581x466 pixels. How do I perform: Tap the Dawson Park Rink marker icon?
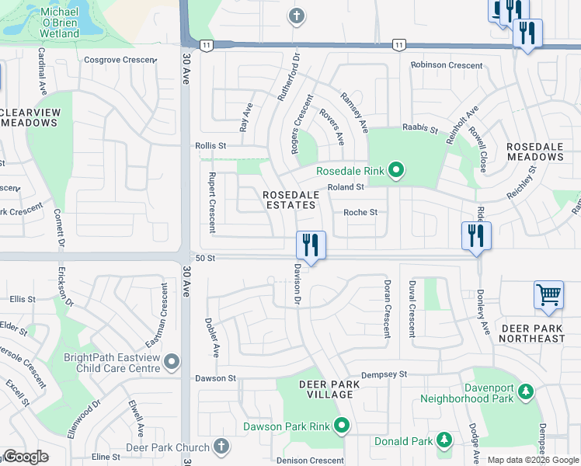pos(341,425)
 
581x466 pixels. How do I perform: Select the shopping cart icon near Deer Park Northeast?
pos(548,295)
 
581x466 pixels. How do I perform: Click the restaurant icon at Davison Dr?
pos(311,245)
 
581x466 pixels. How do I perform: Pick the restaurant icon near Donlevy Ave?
pos(476,235)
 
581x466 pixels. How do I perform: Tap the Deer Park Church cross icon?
pos(221,447)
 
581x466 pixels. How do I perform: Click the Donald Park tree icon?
pos(444,440)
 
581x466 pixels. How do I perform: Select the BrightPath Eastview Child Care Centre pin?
pos(172,362)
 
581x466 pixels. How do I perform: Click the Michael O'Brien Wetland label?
pos(50,23)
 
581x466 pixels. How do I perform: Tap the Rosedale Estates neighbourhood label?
pos(289,200)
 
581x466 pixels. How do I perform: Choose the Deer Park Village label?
pos(326,389)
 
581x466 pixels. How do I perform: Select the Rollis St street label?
pos(210,145)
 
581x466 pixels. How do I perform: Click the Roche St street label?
pos(360,212)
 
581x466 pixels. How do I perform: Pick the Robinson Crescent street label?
pos(447,65)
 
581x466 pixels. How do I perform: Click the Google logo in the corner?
pos(26,457)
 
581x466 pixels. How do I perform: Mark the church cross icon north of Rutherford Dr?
pos(295,16)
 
